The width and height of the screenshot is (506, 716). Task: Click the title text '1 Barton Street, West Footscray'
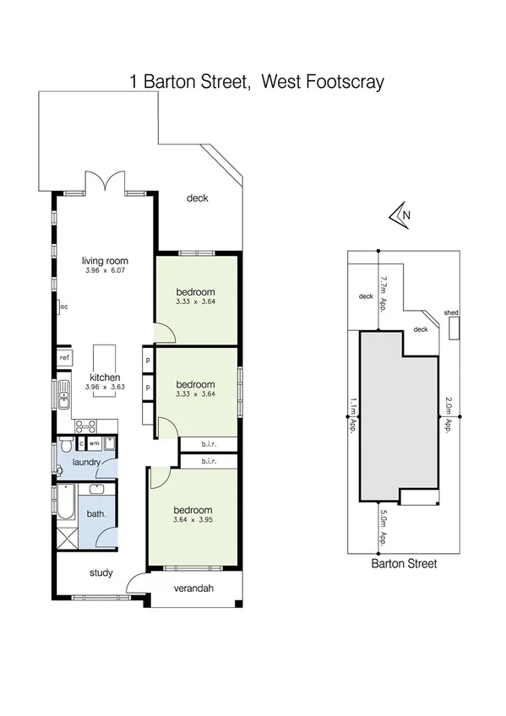tap(257, 81)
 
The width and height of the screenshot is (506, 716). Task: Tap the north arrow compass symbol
tap(400, 215)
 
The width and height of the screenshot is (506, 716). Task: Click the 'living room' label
tap(105, 261)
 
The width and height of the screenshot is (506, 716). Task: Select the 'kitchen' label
tap(105, 377)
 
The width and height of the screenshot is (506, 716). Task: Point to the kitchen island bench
tap(104, 355)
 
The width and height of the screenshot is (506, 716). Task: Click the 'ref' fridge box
tap(64, 358)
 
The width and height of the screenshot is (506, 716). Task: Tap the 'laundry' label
tap(87, 462)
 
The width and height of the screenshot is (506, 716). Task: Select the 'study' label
tap(101, 573)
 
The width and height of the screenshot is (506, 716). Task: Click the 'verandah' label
tap(192, 589)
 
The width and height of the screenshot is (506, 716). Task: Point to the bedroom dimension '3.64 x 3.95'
tap(193, 520)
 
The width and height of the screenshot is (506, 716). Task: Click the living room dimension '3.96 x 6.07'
tap(105, 271)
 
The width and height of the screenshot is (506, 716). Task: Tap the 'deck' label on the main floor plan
tap(197, 198)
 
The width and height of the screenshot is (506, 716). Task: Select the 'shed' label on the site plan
tap(451, 312)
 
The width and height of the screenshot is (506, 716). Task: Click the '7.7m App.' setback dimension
tap(383, 292)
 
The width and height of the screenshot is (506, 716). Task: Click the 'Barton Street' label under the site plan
tap(405, 563)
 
